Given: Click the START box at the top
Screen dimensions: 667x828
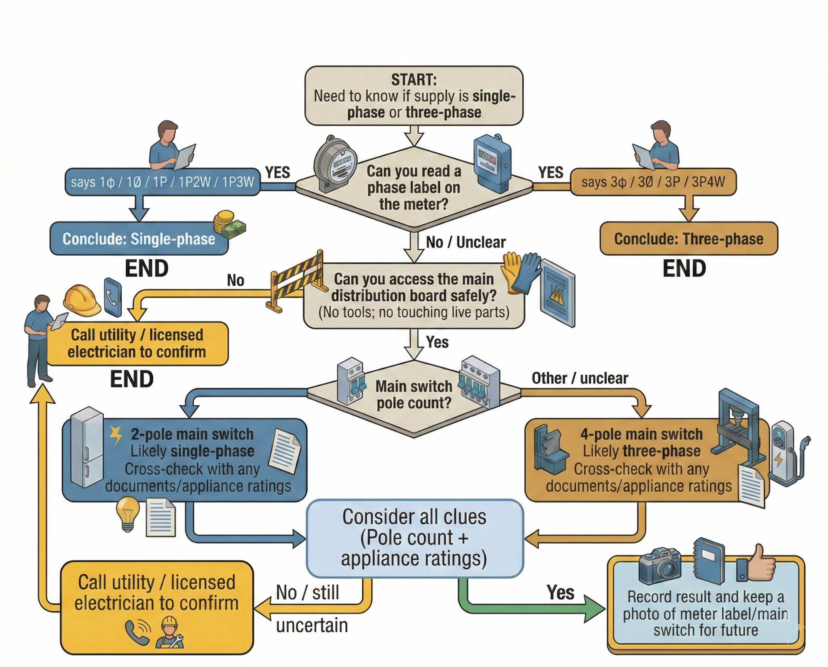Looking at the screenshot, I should (414, 96).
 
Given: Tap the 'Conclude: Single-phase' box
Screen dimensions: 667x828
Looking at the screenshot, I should (139, 239).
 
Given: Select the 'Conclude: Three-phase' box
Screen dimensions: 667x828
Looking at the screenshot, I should (689, 239).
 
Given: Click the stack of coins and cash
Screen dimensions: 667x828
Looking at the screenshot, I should (229, 224).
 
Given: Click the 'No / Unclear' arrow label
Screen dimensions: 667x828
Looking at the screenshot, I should (465, 242).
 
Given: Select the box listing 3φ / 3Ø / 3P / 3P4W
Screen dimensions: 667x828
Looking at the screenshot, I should (653, 182).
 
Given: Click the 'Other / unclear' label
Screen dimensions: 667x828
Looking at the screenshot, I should (579, 378).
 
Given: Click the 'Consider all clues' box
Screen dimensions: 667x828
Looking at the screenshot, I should (414, 538).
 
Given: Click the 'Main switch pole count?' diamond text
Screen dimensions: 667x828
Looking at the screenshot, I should (414, 394).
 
